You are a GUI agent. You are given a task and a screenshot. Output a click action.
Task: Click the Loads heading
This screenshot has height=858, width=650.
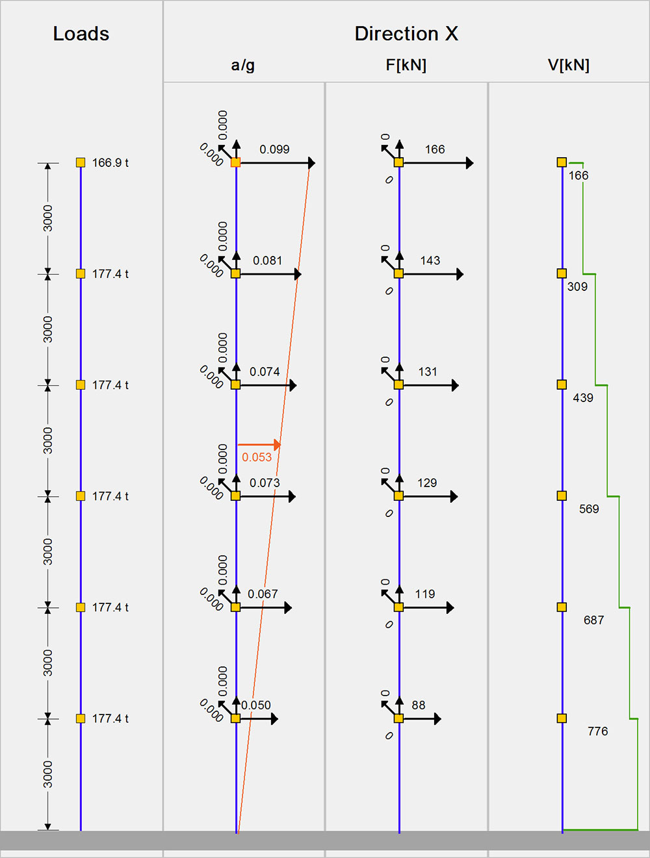tap(81, 34)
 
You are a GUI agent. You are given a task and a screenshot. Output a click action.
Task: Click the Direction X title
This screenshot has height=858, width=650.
tap(406, 34)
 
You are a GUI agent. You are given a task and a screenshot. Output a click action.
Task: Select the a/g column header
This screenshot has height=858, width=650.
tap(243, 65)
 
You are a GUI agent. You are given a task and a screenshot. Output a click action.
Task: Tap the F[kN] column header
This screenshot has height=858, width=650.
tap(406, 65)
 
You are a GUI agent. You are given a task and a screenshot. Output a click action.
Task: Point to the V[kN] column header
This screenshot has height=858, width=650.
tap(569, 65)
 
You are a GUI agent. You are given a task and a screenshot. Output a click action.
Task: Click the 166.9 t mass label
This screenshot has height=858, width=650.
tap(110, 163)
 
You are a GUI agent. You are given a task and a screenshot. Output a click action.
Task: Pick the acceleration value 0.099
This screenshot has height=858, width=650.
tap(274, 149)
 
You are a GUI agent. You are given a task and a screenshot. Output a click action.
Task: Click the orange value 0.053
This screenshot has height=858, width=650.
tap(257, 457)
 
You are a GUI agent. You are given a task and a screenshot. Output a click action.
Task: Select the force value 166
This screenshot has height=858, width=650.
tap(435, 149)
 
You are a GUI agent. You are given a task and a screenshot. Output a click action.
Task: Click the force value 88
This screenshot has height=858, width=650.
tap(419, 705)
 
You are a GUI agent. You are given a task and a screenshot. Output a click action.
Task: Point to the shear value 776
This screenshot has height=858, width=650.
tap(597, 731)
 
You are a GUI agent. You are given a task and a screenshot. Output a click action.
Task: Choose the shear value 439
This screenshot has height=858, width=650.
tap(583, 397)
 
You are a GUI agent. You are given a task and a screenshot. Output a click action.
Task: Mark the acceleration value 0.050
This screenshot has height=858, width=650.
tap(256, 705)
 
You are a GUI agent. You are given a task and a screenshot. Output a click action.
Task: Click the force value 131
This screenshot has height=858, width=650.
tap(428, 372)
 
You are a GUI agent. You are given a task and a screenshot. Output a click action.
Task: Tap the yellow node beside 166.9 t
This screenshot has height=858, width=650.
tap(81, 162)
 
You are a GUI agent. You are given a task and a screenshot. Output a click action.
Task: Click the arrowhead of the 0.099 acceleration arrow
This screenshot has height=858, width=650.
tap(312, 163)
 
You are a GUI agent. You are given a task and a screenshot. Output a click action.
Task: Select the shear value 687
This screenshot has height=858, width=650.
tap(593, 620)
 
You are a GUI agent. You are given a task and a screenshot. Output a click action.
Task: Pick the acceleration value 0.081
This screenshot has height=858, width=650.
tap(267, 260)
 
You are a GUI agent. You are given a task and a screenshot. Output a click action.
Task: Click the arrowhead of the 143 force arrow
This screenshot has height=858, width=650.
tap(460, 274)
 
